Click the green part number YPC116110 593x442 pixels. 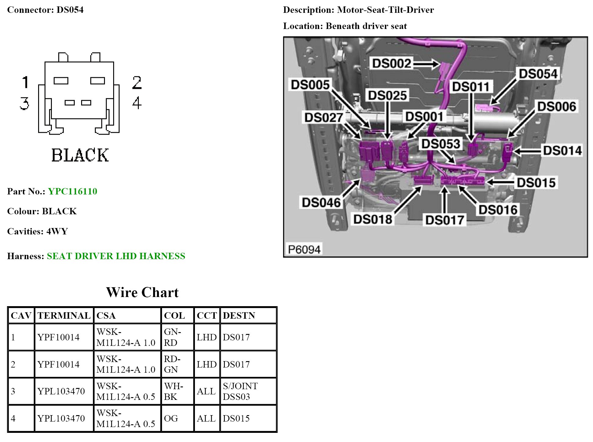pyautogui.click(x=73, y=191)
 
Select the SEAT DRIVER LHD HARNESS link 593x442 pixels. pyautogui.click(x=116, y=256)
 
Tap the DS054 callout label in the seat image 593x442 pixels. pyautogui.click(x=538, y=74)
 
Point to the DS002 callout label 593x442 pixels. pyautogui.click(x=392, y=63)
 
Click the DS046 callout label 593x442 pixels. pyautogui.click(x=321, y=202)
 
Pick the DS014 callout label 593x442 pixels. pyautogui.click(x=562, y=151)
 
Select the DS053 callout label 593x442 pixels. pyautogui.click(x=440, y=144)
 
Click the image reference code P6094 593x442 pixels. pyautogui.click(x=304, y=250)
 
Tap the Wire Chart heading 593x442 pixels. pyautogui.click(x=142, y=292)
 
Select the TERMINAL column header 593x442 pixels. pyautogui.click(x=64, y=316)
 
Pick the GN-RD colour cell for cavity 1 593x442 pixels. pyautogui.click(x=173, y=337)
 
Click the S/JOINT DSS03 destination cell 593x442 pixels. pyautogui.click(x=240, y=391)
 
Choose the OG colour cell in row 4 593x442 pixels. pyautogui.click(x=171, y=418)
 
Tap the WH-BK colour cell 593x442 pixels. pyautogui.click(x=173, y=391)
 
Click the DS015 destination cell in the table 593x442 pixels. pyautogui.click(x=236, y=418)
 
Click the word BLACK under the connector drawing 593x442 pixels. pyautogui.click(x=80, y=155)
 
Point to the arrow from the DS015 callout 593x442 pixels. pyautogui.click(x=500, y=183)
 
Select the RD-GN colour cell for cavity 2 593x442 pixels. pyautogui.click(x=172, y=364)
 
